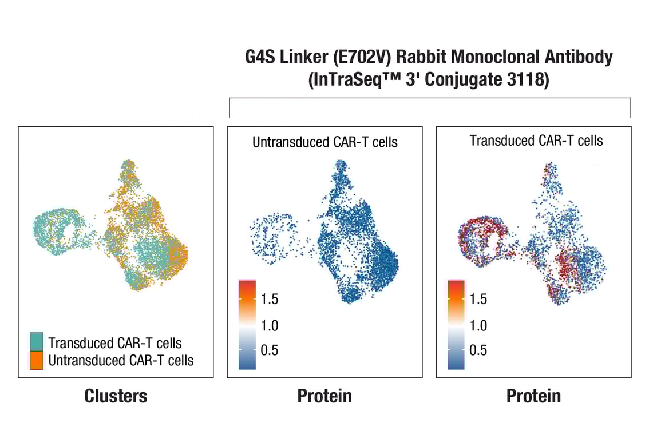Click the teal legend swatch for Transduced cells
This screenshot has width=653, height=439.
[37, 342]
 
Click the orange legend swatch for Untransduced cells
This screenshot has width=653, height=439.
[37, 361]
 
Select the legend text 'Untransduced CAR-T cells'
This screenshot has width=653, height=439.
[121, 361]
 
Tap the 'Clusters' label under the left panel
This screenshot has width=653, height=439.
[116, 396]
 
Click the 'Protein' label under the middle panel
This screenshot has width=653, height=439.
[324, 396]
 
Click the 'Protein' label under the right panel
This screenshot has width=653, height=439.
[533, 396]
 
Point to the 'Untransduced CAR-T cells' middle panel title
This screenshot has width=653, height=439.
[324, 142]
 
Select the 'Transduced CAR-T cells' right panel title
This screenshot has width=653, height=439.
[536, 140]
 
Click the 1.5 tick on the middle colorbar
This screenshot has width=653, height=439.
[269, 298]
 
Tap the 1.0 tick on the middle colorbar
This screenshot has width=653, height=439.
[269, 325]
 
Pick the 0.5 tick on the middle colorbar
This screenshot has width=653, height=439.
[269, 350]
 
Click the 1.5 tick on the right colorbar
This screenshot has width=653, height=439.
[478, 298]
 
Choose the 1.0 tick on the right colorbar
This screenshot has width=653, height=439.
[478, 325]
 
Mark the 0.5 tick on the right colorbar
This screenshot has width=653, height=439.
[478, 350]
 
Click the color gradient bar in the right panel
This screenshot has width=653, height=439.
[456, 325]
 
